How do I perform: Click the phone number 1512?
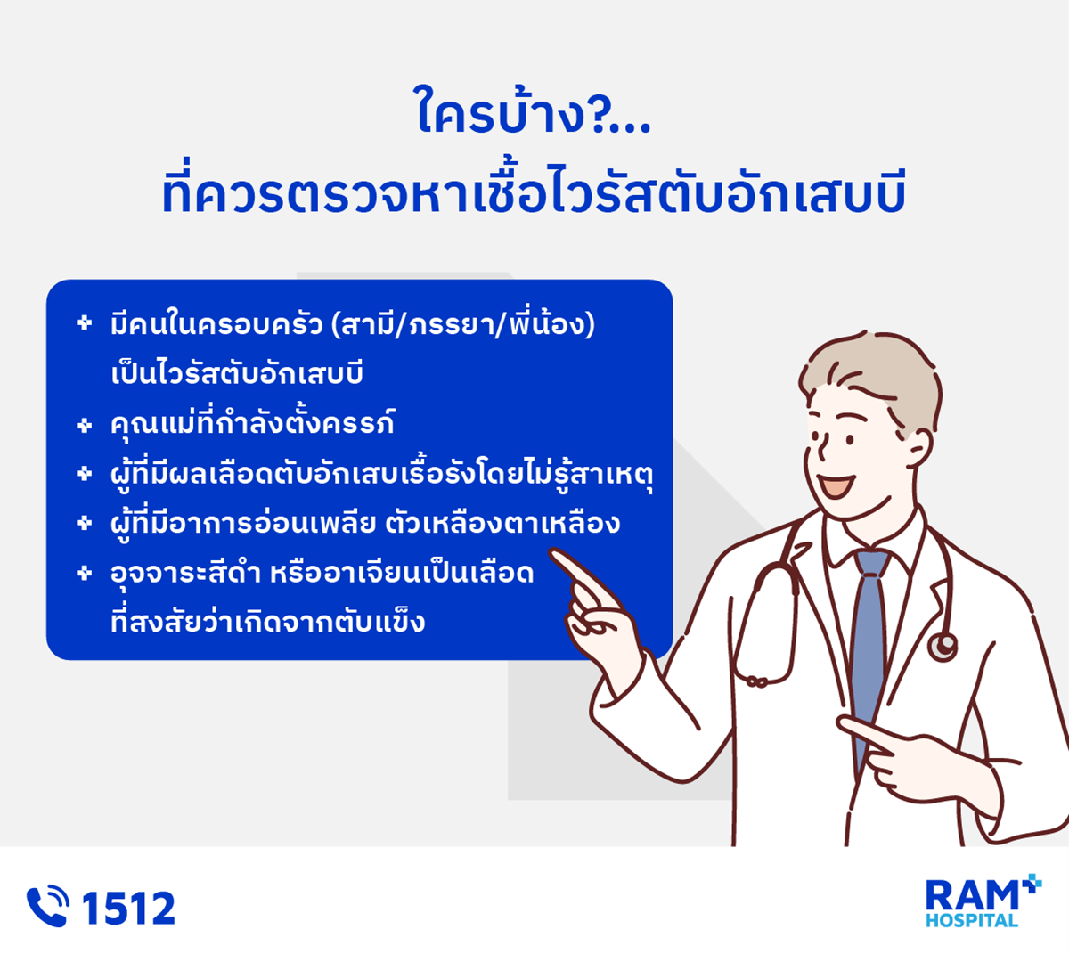tap(128, 908)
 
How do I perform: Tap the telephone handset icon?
tap(47, 906)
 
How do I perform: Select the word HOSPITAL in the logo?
tap(971, 921)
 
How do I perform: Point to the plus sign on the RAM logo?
tap(1032, 884)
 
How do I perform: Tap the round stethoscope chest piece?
tap(943, 647)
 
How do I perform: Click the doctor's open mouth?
tap(837, 485)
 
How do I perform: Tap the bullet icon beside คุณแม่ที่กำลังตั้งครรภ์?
tap(84, 425)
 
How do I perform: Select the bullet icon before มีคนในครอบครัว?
tap(84, 322)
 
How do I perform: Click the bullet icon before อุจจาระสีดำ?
tap(84, 573)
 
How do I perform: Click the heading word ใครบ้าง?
tap(501, 112)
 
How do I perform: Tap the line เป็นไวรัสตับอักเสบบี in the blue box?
tap(237, 372)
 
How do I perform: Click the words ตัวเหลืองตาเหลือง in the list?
tap(502, 524)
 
